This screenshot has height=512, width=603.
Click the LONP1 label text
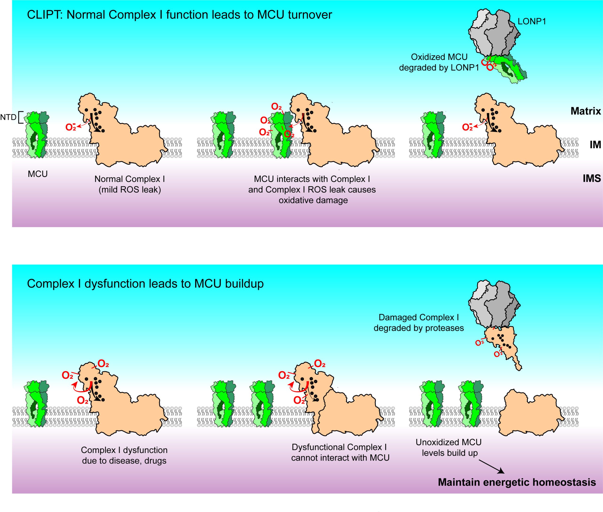[x=532, y=21]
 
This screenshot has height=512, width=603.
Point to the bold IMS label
[x=591, y=178]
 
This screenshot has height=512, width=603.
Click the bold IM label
[x=595, y=145]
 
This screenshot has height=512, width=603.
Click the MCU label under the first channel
[x=38, y=174]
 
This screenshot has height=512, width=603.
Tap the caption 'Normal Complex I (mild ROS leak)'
[x=130, y=184]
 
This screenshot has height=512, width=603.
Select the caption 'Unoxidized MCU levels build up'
[x=449, y=448]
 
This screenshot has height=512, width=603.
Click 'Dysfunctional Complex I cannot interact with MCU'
[x=340, y=453]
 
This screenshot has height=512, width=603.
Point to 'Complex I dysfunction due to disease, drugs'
[x=124, y=455]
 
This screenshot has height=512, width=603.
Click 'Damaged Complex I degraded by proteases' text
[x=419, y=322]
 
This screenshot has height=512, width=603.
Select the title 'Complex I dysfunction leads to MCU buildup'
[x=145, y=284]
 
